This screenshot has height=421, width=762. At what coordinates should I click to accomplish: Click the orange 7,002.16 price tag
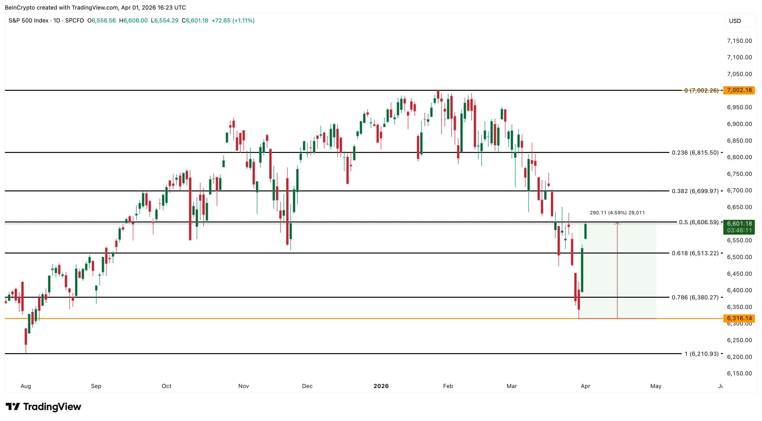click(739, 90)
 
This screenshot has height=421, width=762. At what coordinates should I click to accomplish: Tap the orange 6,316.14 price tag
click(739, 318)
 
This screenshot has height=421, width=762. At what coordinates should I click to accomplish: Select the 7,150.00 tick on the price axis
click(739, 41)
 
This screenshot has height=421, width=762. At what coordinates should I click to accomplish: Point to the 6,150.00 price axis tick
click(739, 373)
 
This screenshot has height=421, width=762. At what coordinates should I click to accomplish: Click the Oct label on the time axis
click(166, 386)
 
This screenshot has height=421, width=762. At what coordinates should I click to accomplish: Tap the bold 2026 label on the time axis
click(381, 386)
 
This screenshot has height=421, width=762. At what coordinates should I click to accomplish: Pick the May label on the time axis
click(655, 386)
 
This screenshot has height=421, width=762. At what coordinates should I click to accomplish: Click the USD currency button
click(735, 21)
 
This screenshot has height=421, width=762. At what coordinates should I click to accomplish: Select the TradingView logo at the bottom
click(43, 407)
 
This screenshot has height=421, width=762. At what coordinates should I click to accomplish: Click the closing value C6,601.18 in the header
click(195, 20)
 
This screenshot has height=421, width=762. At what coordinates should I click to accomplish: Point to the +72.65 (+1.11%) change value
click(233, 20)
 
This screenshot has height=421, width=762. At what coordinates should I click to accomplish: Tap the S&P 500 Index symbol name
click(28, 20)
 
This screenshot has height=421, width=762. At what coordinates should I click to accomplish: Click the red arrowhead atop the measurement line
click(617, 223)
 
